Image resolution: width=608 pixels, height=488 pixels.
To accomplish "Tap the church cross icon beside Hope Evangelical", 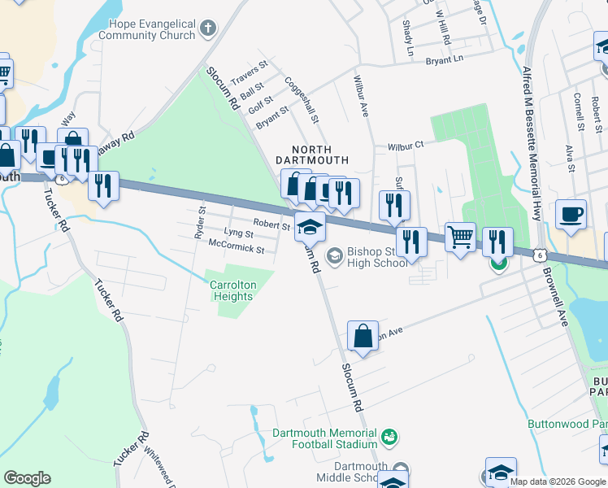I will [208, 30].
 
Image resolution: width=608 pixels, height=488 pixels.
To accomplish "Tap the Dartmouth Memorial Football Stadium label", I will [325, 438].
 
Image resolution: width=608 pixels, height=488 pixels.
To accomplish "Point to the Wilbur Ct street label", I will [406, 145].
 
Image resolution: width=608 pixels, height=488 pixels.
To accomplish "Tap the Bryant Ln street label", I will [444, 59].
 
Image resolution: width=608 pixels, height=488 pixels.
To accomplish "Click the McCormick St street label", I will [237, 246].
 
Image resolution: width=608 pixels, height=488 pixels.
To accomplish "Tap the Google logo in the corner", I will [27, 478].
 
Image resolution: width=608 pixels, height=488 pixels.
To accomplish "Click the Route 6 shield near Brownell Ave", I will [539, 255].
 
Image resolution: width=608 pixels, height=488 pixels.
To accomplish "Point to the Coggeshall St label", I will [302, 100].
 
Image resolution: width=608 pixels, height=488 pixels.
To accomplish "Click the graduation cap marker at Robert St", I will [310, 227].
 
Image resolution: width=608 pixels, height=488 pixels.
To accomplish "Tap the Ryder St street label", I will [198, 222].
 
